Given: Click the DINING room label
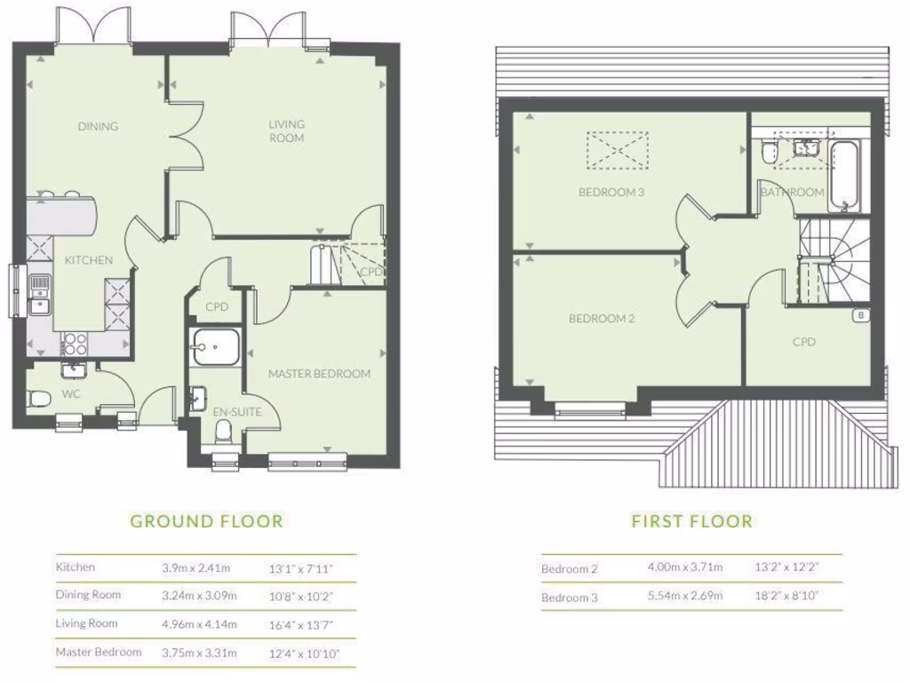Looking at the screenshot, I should click(x=98, y=126).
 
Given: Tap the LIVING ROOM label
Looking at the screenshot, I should click(x=286, y=131).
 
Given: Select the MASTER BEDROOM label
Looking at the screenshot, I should click(x=319, y=374).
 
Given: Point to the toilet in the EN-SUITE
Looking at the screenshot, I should click(x=223, y=432).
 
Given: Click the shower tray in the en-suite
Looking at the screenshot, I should click(x=213, y=348).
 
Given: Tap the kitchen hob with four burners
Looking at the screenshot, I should click(x=73, y=342).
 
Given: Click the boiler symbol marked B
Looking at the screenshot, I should click(x=859, y=315).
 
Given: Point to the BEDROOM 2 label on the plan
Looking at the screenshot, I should click(x=602, y=319).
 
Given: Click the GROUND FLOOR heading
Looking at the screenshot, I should click(x=206, y=521).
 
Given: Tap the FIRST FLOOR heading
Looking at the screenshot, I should click(x=691, y=521).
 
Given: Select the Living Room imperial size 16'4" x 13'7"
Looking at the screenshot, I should click(x=301, y=624).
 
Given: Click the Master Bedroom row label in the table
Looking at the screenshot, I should click(x=99, y=652).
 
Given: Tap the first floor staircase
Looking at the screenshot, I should click(x=826, y=262).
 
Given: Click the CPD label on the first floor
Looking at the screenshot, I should click(x=803, y=342).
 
